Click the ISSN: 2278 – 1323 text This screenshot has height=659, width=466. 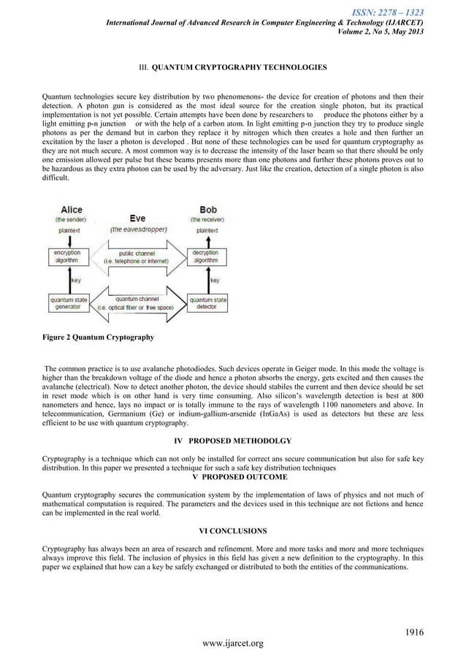pyautogui.click(x=388, y=12)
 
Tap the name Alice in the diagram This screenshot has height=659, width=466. pyautogui.click(x=70, y=209)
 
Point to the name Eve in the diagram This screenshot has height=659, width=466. pyautogui.click(x=137, y=218)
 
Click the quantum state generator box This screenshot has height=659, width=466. pyautogui.click(x=70, y=302)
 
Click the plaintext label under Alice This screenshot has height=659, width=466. pyautogui.click(x=70, y=229)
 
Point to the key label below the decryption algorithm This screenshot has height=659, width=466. pyautogui.click(x=214, y=279)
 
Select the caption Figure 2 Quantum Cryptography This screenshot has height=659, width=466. pyautogui.click(x=97, y=338)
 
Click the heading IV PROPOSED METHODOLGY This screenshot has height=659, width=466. pyautogui.click(x=233, y=441)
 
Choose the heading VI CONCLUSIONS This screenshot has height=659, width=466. pyautogui.click(x=232, y=530)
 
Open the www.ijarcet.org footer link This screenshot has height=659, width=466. pyautogui.click(x=233, y=644)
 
